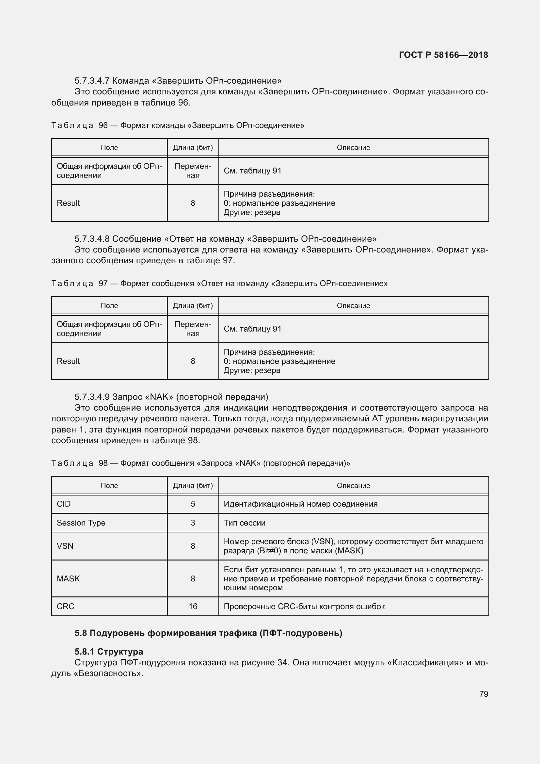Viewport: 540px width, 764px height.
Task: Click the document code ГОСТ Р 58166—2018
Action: click(x=443, y=55)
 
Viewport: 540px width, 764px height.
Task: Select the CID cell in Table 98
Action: click(x=64, y=504)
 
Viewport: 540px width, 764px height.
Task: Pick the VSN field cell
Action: click(x=65, y=546)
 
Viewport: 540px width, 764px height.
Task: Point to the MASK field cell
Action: click(x=68, y=579)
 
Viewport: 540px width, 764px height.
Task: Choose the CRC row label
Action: click(x=65, y=606)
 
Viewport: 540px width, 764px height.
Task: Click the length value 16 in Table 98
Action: click(x=193, y=606)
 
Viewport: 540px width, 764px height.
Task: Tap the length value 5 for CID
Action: click(x=193, y=504)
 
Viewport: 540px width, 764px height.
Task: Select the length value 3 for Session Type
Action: click(x=193, y=523)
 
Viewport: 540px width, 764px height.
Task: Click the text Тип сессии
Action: click(x=245, y=523)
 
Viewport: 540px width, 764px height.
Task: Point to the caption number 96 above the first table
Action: click(x=103, y=125)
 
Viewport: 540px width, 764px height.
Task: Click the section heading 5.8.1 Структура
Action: click(x=109, y=652)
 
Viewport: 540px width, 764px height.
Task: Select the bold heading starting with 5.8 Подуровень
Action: click(x=208, y=633)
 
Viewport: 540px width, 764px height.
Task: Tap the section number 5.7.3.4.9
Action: click(x=92, y=397)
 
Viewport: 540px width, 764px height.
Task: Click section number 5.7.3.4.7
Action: click(x=92, y=81)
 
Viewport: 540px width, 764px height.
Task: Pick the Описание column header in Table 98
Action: click(x=353, y=485)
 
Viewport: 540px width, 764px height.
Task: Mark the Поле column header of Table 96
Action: click(x=109, y=147)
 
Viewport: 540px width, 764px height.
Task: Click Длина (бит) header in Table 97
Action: click(x=193, y=305)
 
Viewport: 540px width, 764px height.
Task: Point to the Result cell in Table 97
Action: click(x=68, y=361)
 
